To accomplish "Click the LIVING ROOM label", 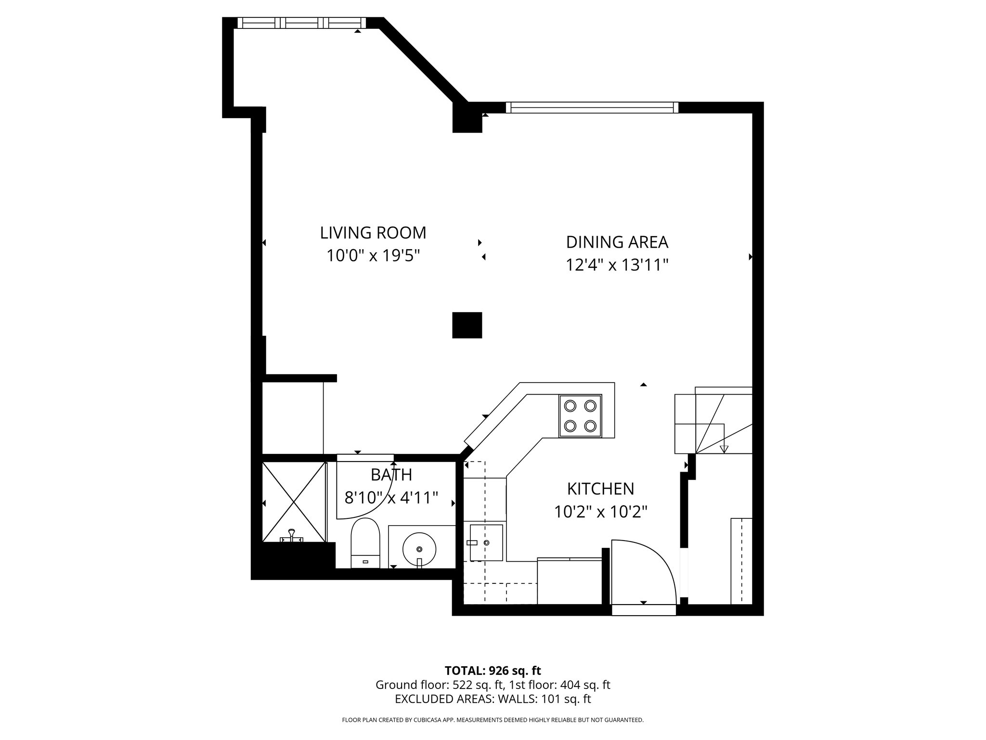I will (373, 233).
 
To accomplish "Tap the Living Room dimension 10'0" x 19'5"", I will (373, 255).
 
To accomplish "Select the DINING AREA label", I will (617, 242).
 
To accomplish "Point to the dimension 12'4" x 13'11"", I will (617, 264).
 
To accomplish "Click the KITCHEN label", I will (600, 489).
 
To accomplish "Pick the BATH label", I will (391, 475).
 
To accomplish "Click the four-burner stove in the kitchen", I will (580, 416).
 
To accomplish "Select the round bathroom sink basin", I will (419, 549).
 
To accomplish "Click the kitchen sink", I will (486, 542).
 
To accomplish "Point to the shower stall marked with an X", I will (294, 502).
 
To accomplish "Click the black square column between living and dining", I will (467, 325).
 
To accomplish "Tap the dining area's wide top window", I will (592, 107).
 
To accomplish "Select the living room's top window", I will (302, 23).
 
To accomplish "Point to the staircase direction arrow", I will (724, 449).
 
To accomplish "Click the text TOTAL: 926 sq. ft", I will (493, 671).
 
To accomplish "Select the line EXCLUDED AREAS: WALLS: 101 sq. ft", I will (493, 699).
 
